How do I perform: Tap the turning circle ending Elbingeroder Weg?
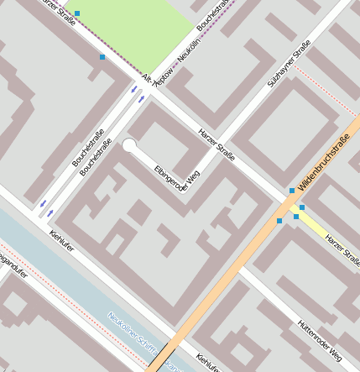pos(129,145)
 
